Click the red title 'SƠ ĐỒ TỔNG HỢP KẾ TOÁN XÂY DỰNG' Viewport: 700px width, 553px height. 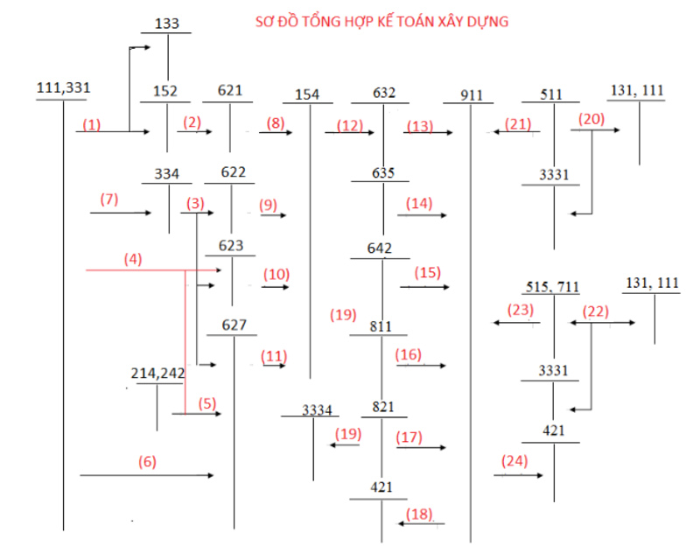381,21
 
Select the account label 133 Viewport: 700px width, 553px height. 166,24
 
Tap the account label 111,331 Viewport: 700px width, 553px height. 63,87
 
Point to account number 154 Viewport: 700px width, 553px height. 307,94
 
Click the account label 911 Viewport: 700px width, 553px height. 472,95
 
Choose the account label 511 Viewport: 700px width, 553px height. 551,94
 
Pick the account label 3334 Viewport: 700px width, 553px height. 317,409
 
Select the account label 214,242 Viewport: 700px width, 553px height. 157,373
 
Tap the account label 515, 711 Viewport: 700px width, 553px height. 552,286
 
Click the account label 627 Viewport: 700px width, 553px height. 234,325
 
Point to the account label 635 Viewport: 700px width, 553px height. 383,172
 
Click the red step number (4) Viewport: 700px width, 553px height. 133,259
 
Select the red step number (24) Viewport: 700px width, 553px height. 514,460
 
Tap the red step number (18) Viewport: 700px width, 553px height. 419,514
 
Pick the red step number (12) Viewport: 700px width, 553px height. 349,125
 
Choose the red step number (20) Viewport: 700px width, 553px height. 591,119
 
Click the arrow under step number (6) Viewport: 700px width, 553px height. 147,475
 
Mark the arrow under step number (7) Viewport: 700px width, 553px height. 121,213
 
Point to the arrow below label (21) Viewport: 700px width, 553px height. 516,131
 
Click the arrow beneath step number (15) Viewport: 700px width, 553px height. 424,287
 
